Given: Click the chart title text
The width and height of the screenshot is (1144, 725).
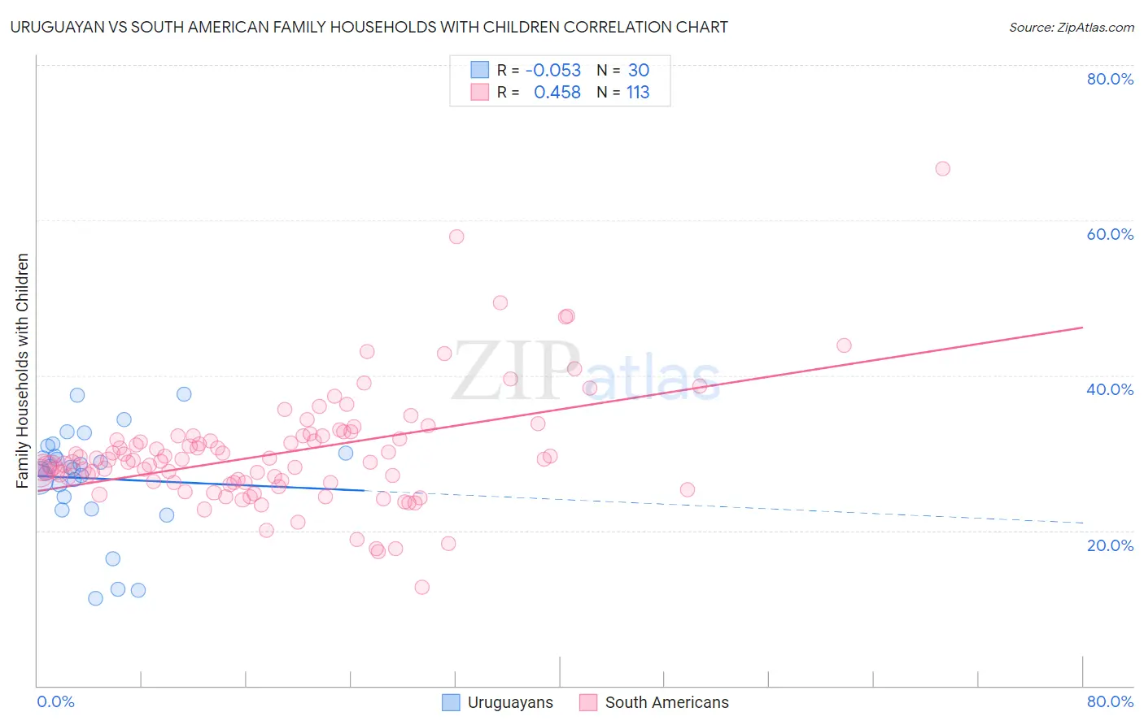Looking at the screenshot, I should coord(369,27).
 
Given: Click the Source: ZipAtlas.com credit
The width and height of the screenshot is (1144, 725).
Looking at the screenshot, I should coord(1071,27).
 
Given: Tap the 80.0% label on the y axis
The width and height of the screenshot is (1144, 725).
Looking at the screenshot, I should coord(1110,79).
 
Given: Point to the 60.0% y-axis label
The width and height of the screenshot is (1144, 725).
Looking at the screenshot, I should coord(1110,234).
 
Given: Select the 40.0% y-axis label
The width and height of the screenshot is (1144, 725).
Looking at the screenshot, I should coord(1110,389).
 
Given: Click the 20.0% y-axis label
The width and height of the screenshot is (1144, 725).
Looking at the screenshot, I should coord(1110,545).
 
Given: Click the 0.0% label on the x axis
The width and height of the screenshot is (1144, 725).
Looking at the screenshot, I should coord(55,701).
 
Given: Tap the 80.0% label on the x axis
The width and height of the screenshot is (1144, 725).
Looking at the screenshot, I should coord(1110,701).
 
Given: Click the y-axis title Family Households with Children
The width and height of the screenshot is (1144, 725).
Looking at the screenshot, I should coord(23,371).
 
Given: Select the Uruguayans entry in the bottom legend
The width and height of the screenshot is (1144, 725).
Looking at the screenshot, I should coord(509,702).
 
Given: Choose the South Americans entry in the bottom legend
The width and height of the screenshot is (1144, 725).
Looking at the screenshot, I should coord(666,702).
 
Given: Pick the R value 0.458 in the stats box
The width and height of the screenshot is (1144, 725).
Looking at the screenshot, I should coord(557,93).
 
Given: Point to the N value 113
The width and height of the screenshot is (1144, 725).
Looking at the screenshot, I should coord(638,93).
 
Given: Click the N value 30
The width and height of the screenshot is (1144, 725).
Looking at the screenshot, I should coord(638,71).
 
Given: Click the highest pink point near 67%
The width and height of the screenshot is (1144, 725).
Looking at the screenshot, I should coord(942,168).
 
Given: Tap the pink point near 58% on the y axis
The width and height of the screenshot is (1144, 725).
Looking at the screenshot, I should coord(456,237).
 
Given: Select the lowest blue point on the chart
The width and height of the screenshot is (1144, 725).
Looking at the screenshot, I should coord(95,598).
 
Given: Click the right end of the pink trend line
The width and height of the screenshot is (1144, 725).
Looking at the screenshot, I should coord(1082,328).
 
